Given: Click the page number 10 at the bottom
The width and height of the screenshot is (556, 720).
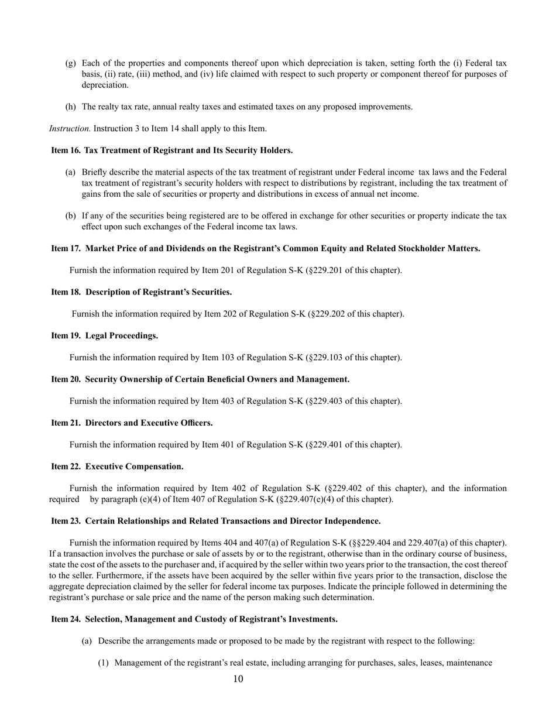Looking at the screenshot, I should (x=238, y=679).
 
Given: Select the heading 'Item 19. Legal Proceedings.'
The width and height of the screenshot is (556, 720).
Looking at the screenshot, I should (x=105, y=336).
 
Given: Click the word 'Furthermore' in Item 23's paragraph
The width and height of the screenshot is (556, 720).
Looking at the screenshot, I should (x=73, y=576).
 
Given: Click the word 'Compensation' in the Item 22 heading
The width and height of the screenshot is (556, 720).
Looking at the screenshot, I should (x=155, y=467).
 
